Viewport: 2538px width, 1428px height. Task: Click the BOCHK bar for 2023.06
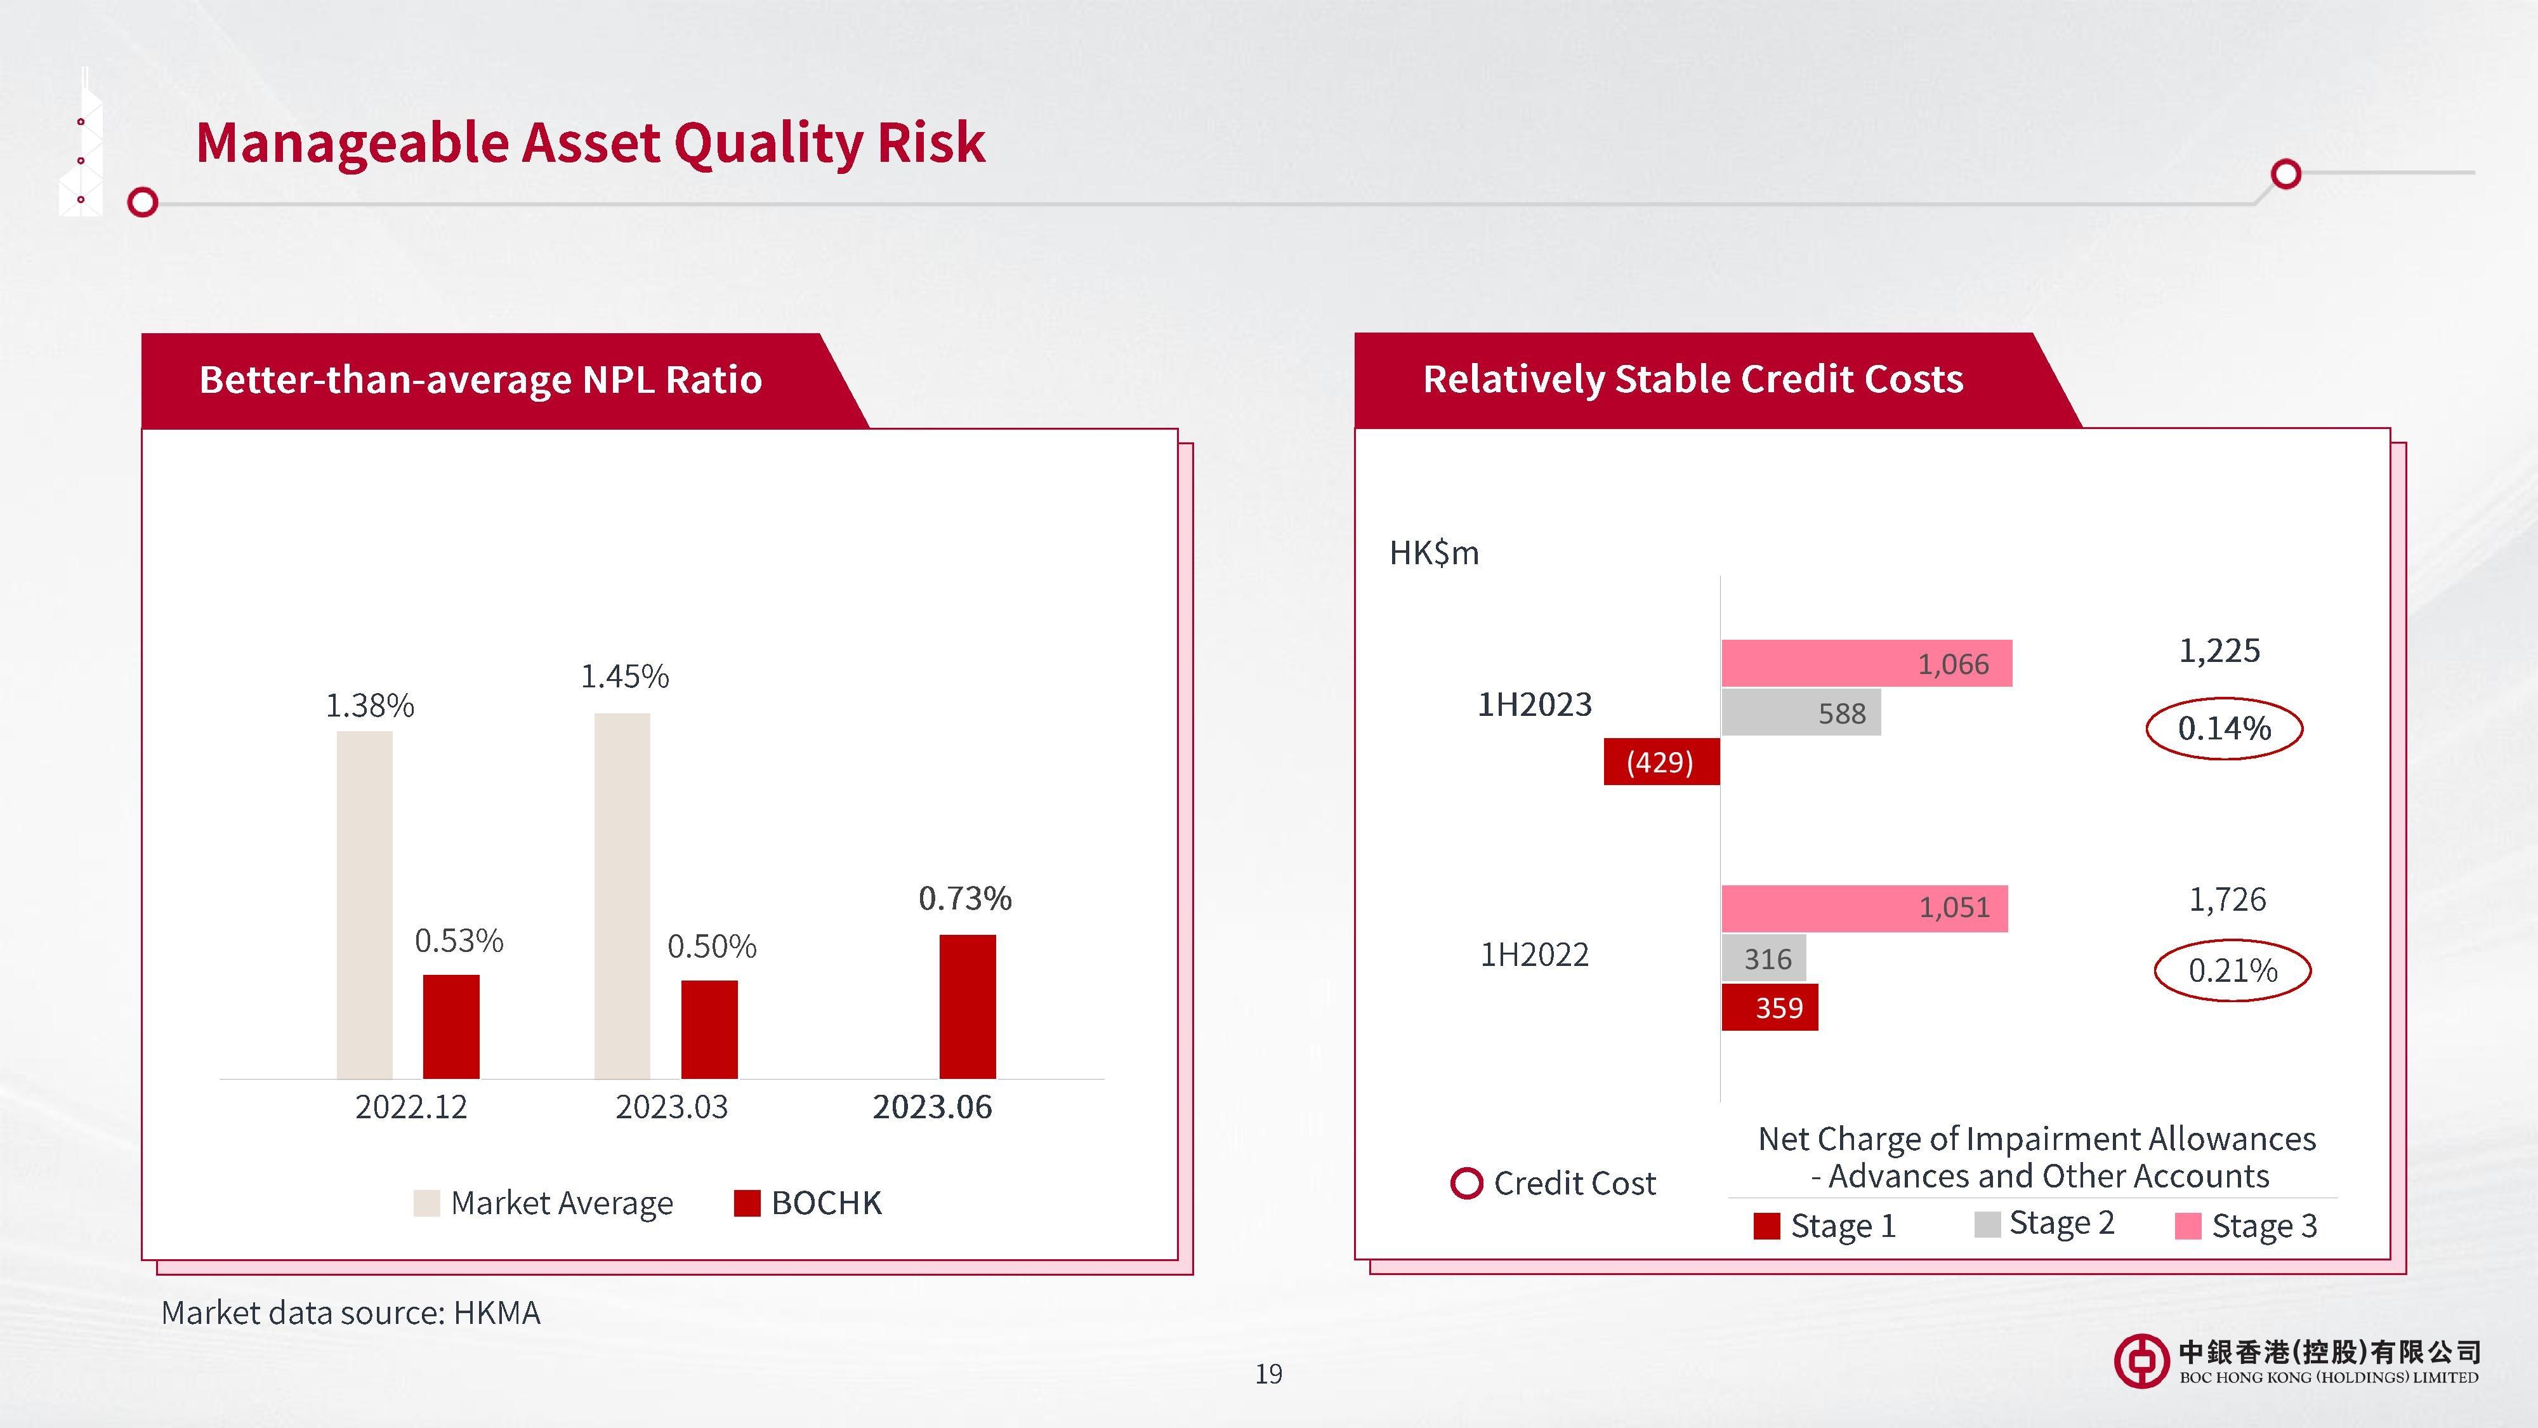(968, 1006)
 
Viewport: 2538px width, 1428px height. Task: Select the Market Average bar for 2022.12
(365, 904)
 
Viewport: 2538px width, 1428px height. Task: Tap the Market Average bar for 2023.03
(622, 896)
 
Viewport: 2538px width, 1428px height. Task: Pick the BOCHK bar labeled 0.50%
(709, 1029)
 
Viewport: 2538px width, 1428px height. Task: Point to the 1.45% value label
(624, 676)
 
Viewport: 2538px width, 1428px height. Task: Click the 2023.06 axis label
(932, 1107)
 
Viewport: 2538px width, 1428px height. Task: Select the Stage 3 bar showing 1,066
(1867, 663)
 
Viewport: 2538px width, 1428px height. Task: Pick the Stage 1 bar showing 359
(1770, 1007)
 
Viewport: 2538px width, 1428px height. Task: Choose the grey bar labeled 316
(1764, 958)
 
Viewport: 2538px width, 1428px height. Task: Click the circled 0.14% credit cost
(2225, 729)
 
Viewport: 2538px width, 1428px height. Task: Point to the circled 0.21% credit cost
(2233, 971)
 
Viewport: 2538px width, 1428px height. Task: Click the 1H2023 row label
(1534, 704)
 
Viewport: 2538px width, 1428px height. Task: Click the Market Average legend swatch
(426, 1203)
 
